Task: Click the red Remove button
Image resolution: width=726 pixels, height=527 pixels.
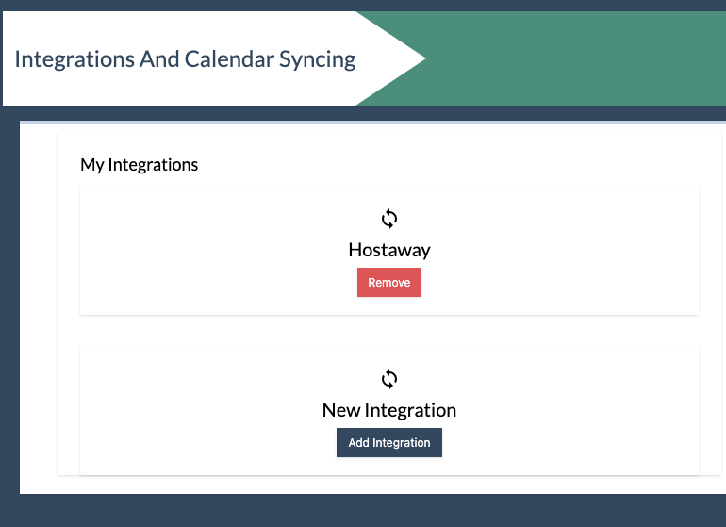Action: (388, 282)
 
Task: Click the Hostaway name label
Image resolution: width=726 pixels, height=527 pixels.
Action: (389, 250)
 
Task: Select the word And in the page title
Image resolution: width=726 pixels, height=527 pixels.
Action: (159, 59)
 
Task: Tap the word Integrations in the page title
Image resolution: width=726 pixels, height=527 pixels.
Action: (74, 60)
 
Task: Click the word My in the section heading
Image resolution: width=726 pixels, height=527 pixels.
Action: (92, 165)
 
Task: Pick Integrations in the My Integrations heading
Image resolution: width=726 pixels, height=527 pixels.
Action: (153, 165)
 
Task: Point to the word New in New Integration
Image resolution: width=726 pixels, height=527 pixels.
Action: (341, 410)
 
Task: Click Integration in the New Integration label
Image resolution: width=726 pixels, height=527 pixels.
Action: (410, 411)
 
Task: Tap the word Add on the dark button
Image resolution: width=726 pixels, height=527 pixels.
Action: (359, 443)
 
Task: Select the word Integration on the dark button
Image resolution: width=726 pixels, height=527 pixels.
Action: (402, 443)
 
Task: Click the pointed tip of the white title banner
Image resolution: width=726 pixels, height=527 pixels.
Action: (424, 58)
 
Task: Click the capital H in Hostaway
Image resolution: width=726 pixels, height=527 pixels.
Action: (355, 250)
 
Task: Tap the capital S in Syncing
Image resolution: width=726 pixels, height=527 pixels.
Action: (285, 59)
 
